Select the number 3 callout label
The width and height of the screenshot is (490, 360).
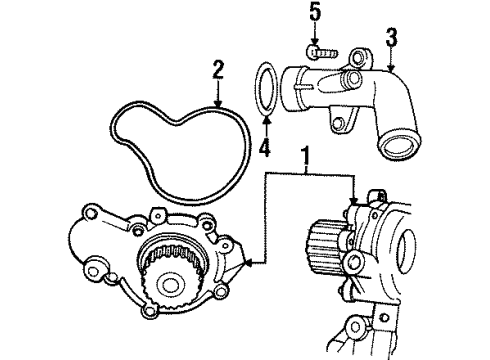coord(392,39)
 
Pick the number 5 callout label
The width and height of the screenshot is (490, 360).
coord(314,13)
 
